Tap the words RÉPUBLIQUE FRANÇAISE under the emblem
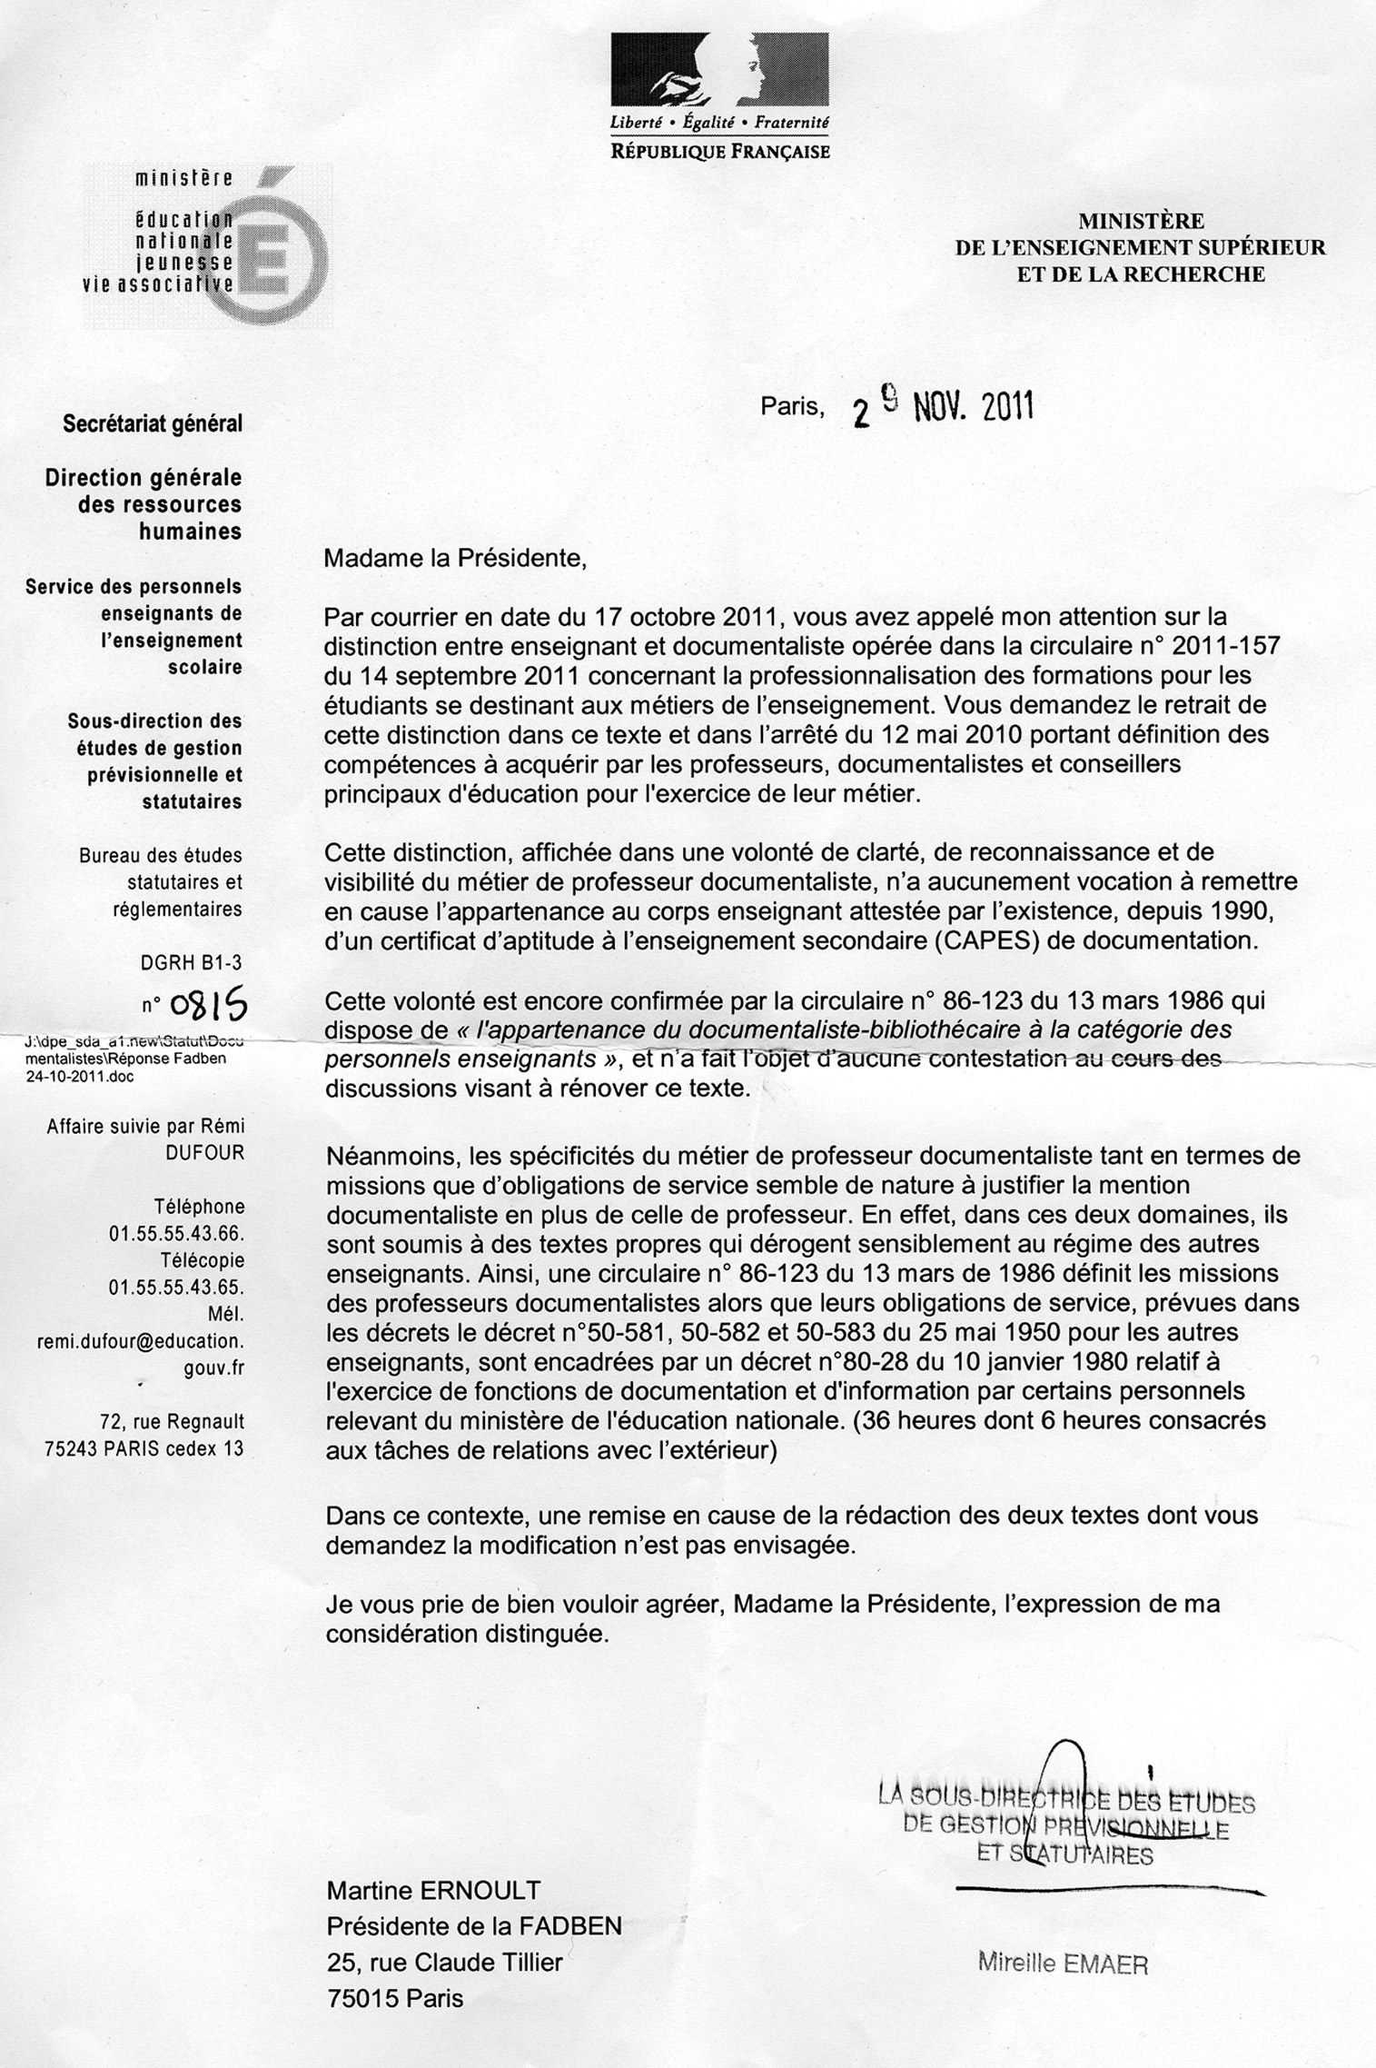click(x=720, y=152)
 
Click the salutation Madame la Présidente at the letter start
click(x=455, y=557)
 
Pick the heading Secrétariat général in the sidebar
click(x=153, y=424)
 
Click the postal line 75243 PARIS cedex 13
click(x=144, y=1449)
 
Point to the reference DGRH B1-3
click(x=192, y=961)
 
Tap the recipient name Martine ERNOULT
click(x=433, y=1891)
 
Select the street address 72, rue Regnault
click(x=173, y=1422)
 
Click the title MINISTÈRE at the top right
click(x=1141, y=220)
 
